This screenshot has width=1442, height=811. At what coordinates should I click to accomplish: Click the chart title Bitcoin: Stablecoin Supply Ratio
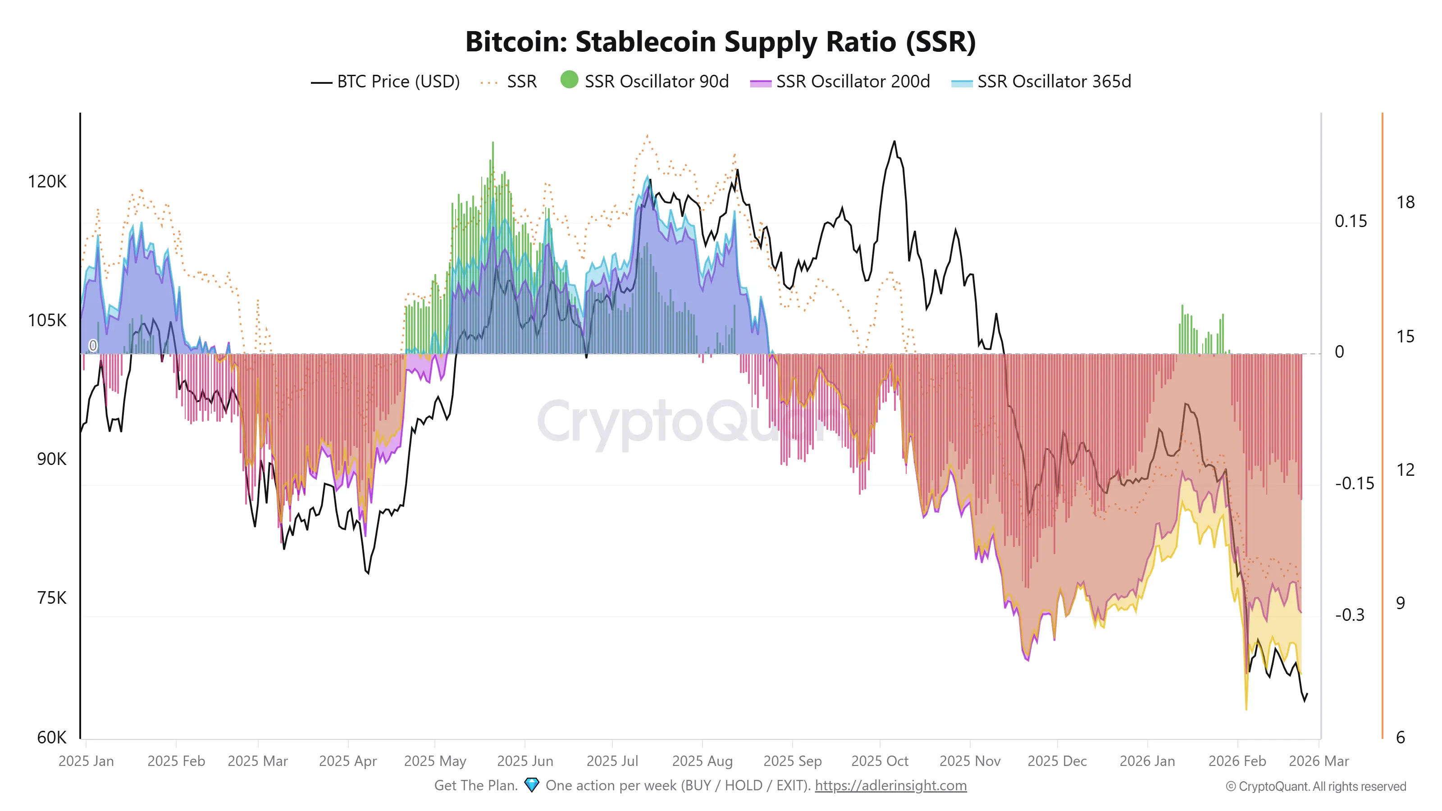(x=721, y=42)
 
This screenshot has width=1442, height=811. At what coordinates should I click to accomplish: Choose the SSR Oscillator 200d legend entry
(x=840, y=82)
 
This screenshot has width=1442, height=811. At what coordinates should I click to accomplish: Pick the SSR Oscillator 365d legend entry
(x=1041, y=82)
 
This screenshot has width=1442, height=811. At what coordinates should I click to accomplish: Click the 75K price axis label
(x=51, y=598)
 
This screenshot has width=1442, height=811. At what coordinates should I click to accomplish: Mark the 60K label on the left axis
(x=51, y=737)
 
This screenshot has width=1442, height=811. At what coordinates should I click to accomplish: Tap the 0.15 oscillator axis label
(x=1350, y=221)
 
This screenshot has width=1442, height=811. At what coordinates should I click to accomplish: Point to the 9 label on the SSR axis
(x=1400, y=603)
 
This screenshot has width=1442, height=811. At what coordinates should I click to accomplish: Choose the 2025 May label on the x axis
(x=435, y=761)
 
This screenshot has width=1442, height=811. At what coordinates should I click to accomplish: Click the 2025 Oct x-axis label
(x=880, y=761)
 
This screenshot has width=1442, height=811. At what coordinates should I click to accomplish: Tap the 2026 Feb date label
(x=1237, y=761)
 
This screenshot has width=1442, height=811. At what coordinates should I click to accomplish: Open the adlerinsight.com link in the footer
(x=890, y=785)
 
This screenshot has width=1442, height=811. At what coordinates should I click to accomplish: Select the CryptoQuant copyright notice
(x=1315, y=786)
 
